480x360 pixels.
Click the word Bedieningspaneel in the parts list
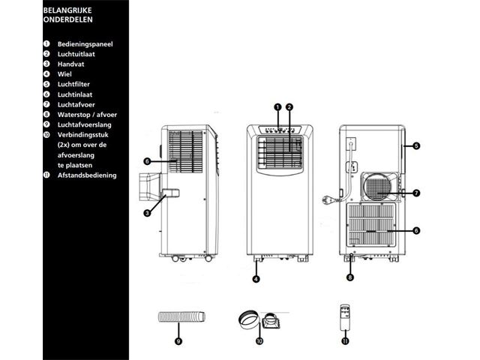(85, 44)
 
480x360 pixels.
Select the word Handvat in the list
(72, 64)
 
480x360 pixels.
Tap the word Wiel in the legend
(65, 74)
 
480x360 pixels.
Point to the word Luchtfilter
(73, 85)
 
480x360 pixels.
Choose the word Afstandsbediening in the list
(87, 175)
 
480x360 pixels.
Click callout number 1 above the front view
(277, 107)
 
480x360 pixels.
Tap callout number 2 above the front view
(289, 107)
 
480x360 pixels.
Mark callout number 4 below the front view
(256, 279)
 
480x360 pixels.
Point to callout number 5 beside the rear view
(416, 145)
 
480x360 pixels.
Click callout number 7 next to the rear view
(416, 193)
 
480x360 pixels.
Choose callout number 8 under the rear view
(350, 277)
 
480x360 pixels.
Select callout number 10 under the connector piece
(259, 340)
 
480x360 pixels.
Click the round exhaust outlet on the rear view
(377, 185)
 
